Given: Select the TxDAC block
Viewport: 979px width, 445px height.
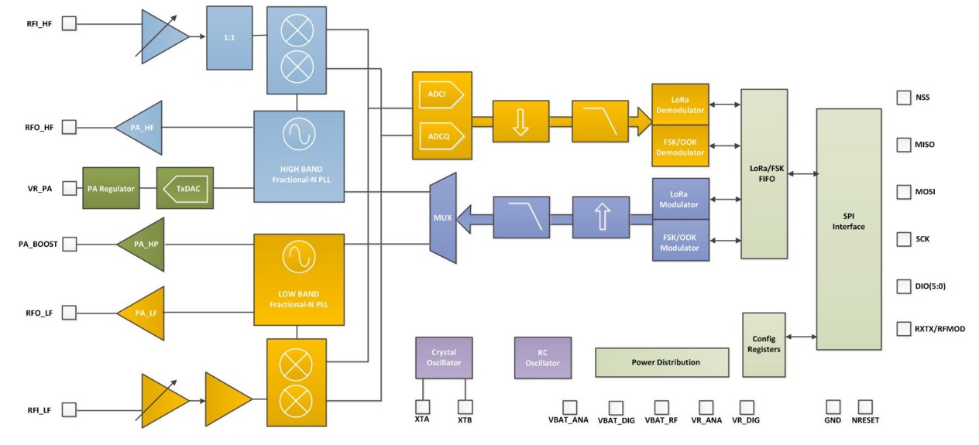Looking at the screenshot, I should tap(185, 188).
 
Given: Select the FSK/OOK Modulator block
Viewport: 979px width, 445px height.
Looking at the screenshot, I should tap(678, 242).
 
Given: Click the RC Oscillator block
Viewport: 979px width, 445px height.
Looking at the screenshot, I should tap(542, 357).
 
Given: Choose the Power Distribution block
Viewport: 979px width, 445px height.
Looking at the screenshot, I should tap(661, 362).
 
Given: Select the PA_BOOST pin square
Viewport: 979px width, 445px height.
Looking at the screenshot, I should tap(69, 245).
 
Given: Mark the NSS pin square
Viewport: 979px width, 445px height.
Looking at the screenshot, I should tap(903, 98).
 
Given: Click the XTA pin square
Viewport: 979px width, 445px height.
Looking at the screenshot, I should tap(423, 406).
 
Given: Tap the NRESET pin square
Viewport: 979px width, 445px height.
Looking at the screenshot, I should tap(865, 406).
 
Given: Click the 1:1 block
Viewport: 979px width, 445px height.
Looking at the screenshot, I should tap(229, 37).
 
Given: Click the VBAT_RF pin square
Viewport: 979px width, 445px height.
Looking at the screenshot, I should tap(661, 406).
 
